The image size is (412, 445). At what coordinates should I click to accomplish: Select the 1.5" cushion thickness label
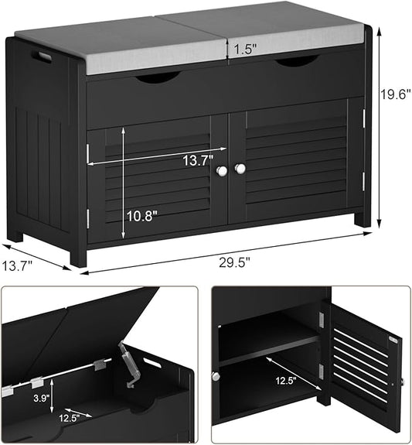[x=242, y=48]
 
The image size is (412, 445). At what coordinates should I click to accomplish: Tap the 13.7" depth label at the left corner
[x=18, y=267]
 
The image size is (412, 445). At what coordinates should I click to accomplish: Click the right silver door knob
[x=240, y=168]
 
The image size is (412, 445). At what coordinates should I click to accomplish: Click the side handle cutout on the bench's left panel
[x=40, y=56]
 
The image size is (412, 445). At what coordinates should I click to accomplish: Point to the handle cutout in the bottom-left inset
[x=152, y=362]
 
